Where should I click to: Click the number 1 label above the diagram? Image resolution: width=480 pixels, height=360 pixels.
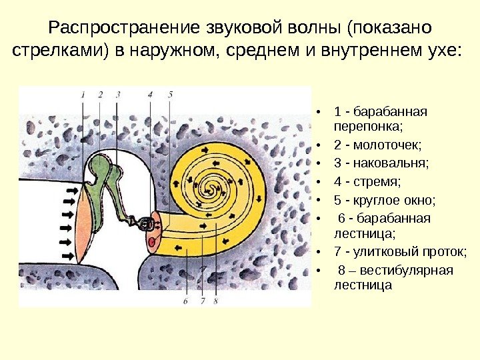(x=83, y=95)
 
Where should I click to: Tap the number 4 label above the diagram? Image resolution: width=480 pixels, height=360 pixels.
(x=151, y=95)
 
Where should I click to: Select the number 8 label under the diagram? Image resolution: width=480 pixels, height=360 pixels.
(x=217, y=301)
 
